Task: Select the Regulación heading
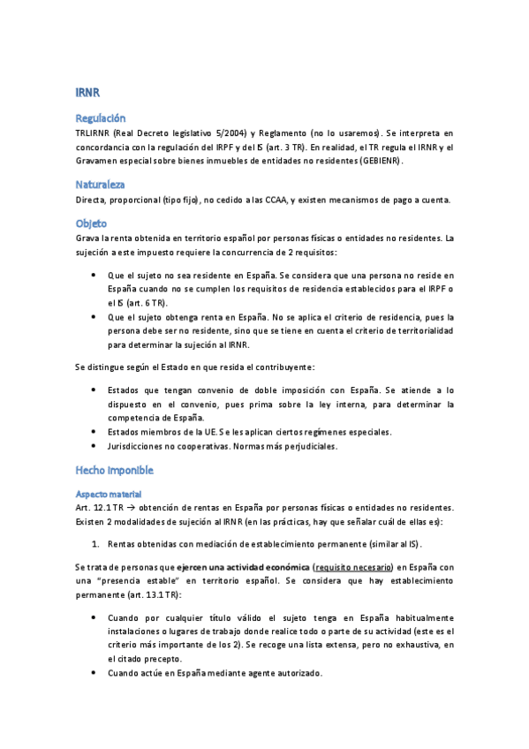tap(101, 117)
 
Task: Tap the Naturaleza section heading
tap(100, 185)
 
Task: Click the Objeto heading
tap(91, 223)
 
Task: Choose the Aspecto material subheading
tap(109, 493)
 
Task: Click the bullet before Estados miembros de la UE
tap(94, 431)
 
